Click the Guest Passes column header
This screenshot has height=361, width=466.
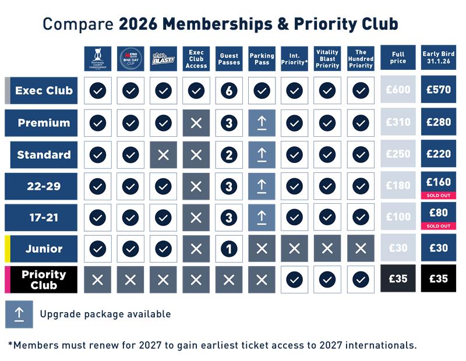click(x=229, y=59)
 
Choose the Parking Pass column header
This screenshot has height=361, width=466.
click(x=262, y=59)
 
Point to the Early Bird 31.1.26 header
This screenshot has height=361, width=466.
click(x=438, y=59)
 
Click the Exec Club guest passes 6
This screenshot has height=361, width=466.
click(x=229, y=90)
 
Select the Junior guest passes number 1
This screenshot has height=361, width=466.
click(x=229, y=248)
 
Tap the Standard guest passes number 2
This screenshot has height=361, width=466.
click(x=229, y=154)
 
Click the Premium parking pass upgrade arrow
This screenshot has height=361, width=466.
click(x=262, y=122)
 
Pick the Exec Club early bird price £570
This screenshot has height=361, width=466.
click(x=438, y=90)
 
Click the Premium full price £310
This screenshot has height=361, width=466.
click(x=398, y=122)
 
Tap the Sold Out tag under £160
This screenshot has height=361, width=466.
click(x=438, y=194)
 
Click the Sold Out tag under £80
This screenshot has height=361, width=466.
click(x=438, y=226)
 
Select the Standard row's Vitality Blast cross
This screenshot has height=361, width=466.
click(x=164, y=154)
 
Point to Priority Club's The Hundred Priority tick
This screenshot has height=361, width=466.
click(x=361, y=279)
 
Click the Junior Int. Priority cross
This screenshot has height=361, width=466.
click(x=295, y=248)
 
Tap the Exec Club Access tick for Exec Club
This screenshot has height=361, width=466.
click(x=196, y=90)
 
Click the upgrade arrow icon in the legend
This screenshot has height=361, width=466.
click(x=19, y=314)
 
